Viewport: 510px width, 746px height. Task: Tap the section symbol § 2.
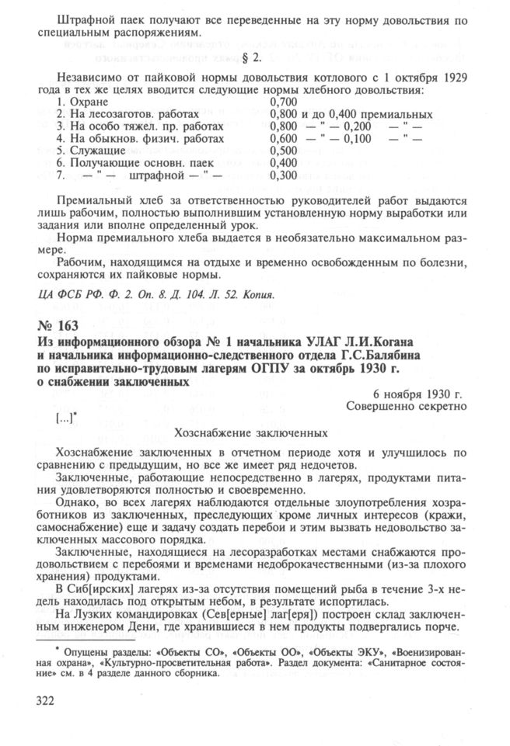click(x=255, y=59)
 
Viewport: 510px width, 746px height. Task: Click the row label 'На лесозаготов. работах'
click(x=124, y=114)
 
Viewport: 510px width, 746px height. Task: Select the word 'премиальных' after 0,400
click(x=386, y=114)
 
